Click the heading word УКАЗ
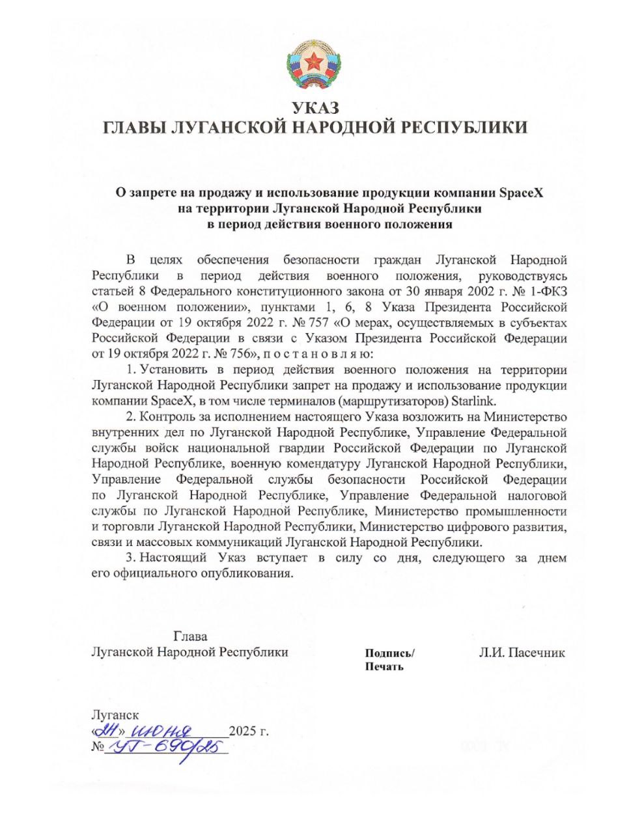tap(315, 108)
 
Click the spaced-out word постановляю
tap(318, 354)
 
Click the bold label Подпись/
tap(389, 653)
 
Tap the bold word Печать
tap(384, 666)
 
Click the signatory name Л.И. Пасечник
tap(522, 653)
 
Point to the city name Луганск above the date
tap(115, 715)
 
